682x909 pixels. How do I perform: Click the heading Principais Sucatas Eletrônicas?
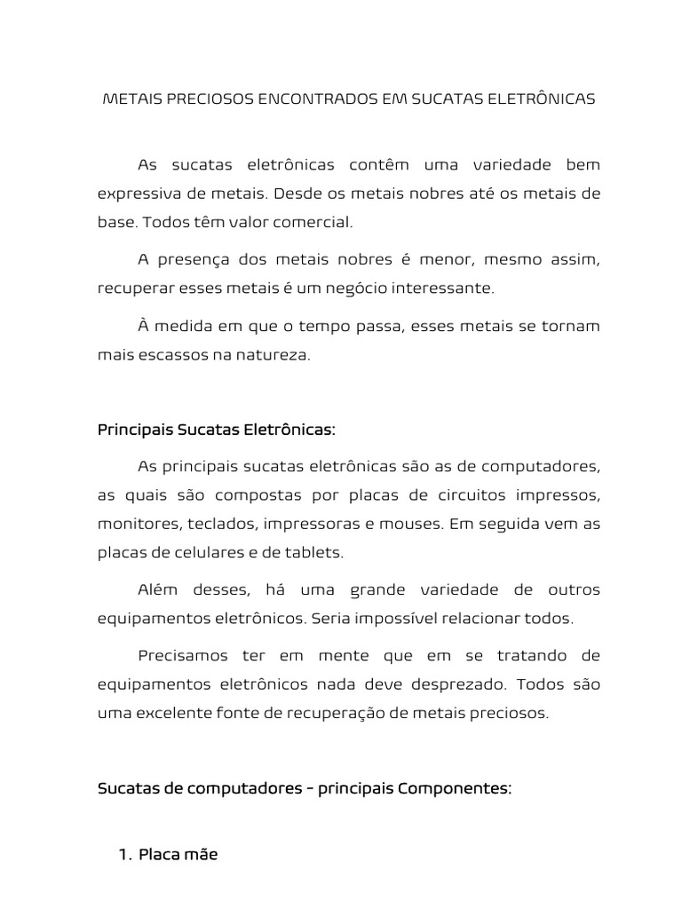216,430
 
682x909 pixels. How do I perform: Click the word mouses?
413,524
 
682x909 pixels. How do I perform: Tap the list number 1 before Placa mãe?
123,855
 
